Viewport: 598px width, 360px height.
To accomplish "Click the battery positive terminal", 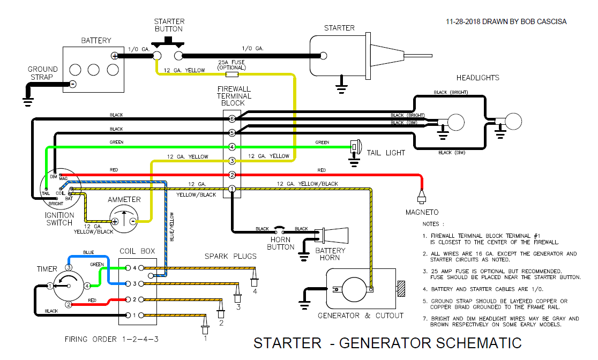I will point(114,56).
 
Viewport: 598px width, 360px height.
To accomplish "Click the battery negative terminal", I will point(73,84).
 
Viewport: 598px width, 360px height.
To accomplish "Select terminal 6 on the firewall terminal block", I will point(232,118).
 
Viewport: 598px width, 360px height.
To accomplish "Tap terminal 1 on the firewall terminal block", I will point(232,189).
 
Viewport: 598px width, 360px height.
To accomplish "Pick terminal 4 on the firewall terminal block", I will point(232,147).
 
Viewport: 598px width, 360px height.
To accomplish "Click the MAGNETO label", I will point(422,213).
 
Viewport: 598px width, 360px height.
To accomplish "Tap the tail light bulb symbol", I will point(356,146).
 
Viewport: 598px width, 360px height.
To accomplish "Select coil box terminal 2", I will point(128,299).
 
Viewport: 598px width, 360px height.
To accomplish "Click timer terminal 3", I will point(69,267).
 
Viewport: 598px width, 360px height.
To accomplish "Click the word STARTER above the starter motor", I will point(339,28).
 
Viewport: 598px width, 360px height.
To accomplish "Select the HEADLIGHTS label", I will point(477,78).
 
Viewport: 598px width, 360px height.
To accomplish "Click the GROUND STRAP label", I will point(43,73).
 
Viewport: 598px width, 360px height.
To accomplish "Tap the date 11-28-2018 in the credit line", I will point(464,22).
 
